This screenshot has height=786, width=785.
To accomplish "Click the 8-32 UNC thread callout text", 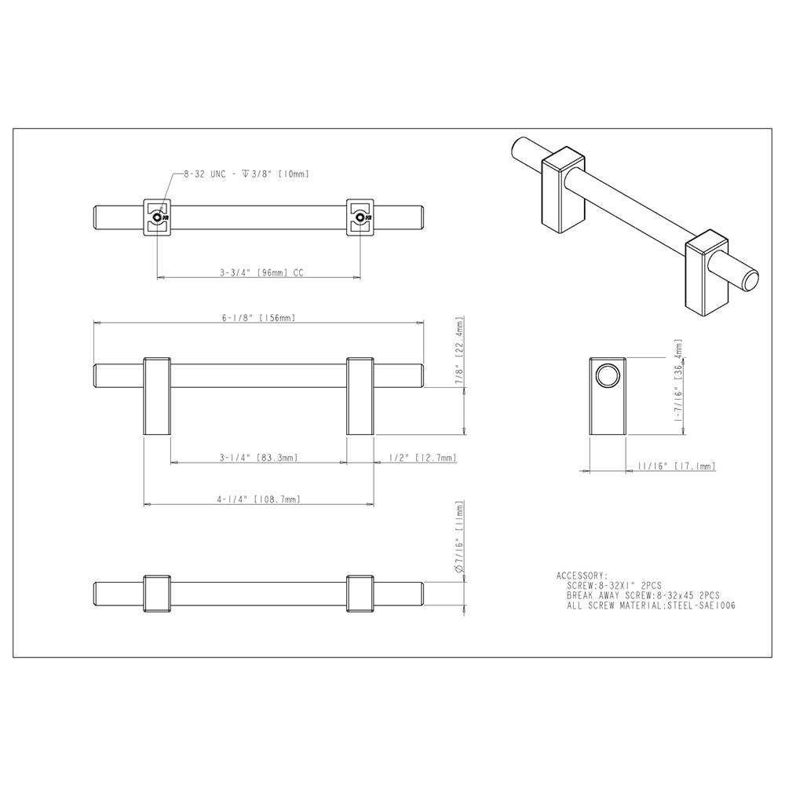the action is (246, 174).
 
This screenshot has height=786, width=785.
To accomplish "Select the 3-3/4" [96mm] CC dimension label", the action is (261, 273).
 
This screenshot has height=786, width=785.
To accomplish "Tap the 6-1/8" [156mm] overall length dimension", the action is (259, 318).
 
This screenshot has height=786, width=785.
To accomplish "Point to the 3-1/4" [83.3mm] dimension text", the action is (259, 458).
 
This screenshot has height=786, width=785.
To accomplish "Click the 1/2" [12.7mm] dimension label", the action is (423, 458).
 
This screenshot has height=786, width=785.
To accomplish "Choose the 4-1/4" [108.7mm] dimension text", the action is (259, 499).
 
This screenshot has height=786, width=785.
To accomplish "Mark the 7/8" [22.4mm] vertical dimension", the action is (461, 353).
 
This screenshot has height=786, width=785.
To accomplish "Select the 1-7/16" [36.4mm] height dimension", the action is (679, 381).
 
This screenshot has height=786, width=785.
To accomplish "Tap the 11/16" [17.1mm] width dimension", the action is (677, 466).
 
